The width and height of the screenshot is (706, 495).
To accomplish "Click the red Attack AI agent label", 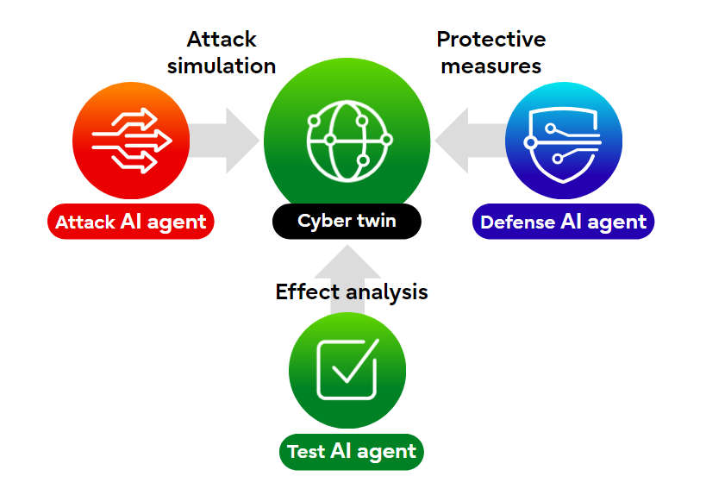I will point(130,222).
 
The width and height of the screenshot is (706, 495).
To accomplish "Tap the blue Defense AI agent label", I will point(563,222).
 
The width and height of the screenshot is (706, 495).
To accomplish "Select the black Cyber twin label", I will point(347,221).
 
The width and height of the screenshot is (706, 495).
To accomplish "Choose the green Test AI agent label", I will point(351,451).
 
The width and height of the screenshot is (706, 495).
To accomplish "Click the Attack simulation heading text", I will point(222,53).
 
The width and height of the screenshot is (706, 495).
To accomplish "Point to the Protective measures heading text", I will point(490,53).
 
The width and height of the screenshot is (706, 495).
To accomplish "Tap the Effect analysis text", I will point(351,291).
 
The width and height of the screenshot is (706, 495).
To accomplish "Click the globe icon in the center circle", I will point(347,137).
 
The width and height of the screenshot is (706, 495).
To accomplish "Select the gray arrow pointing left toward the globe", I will point(471,140).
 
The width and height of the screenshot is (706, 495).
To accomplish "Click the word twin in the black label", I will point(376,221).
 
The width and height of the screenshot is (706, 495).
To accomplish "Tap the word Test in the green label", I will point(305,452).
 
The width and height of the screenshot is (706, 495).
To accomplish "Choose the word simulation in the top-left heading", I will point(222,66).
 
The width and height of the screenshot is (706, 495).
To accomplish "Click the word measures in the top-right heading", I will point(490,66).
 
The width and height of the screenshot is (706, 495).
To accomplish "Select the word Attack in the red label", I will point(84,222).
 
